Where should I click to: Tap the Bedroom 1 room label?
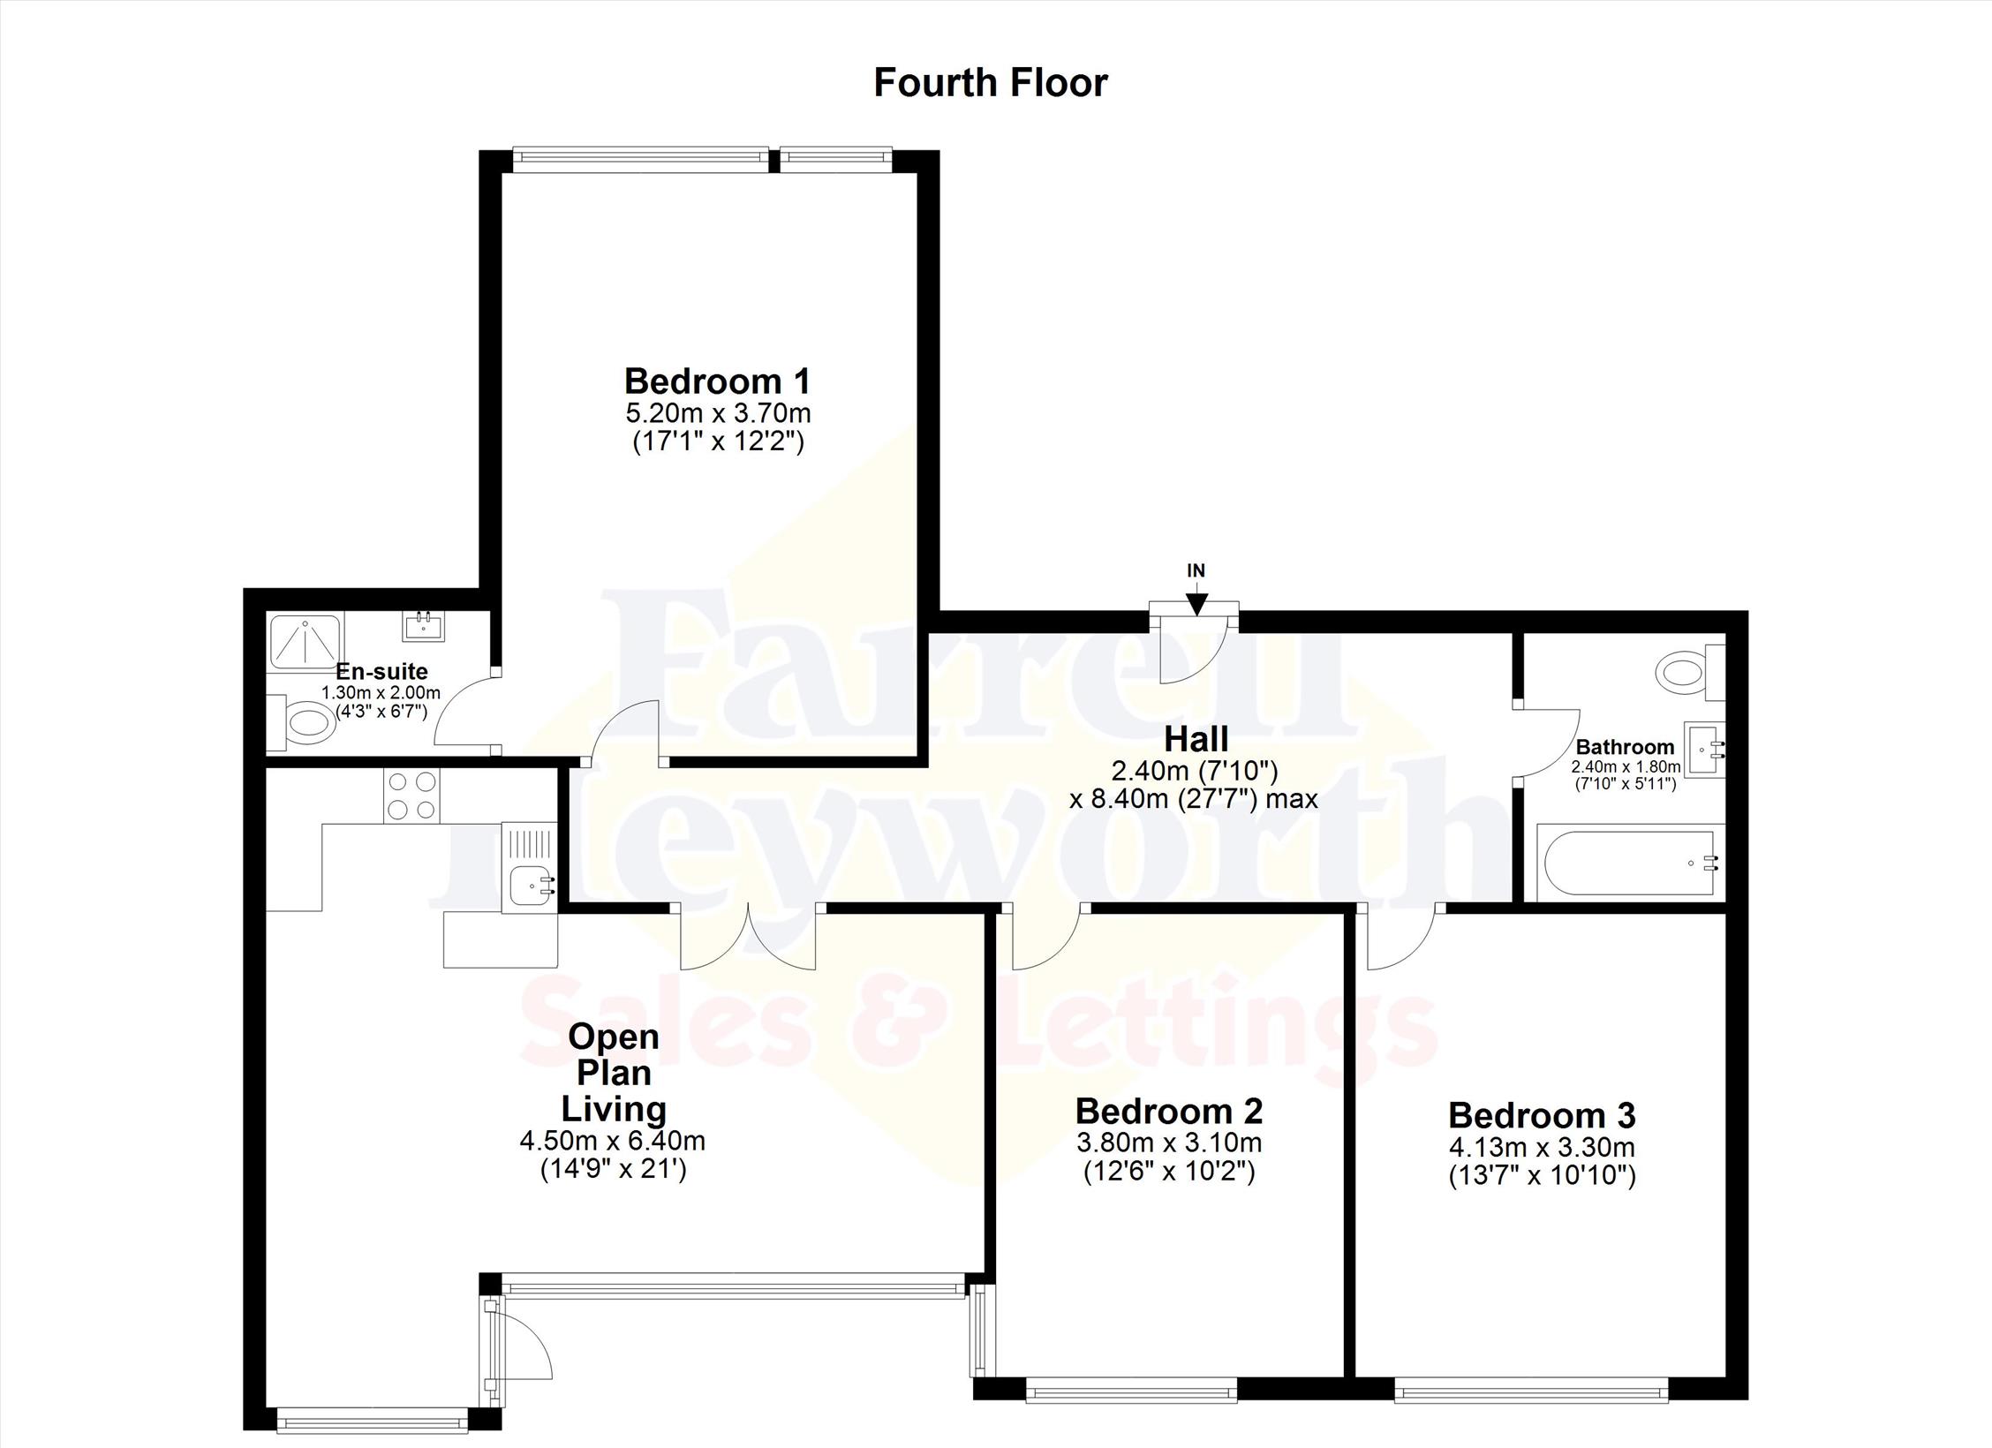(717, 381)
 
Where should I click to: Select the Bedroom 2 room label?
(1169, 1110)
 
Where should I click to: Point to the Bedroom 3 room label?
(1542, 1115)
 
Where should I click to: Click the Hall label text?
(1196, 738)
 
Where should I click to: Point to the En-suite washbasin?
(424, 626)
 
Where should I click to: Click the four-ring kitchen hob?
(411, 796)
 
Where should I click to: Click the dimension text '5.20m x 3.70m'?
(718, 413)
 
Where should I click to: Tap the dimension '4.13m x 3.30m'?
(1542, 1148)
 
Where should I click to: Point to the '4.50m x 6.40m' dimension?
(612, 1141)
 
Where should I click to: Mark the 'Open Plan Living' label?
(615, 1072)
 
